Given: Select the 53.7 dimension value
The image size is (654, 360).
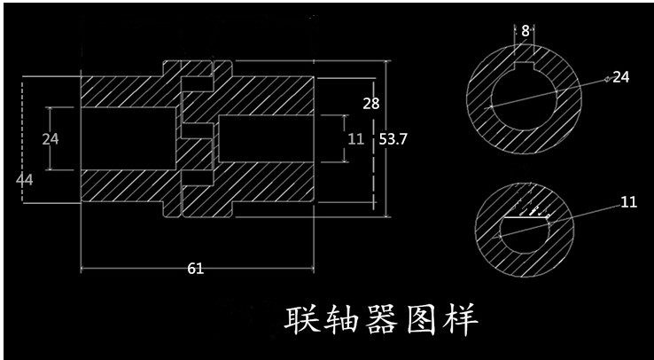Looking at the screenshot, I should click(393, 139).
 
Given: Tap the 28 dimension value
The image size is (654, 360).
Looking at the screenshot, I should click(371, 103).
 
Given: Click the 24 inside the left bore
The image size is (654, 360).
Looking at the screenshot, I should click(50, 138).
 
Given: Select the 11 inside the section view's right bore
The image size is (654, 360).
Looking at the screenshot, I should click(355, 138).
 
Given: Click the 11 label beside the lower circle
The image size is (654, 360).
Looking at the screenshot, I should click(628, 202).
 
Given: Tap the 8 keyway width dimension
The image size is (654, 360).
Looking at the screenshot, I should click(526, 30).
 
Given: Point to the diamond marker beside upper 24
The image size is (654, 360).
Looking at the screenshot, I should click(607, 80).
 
